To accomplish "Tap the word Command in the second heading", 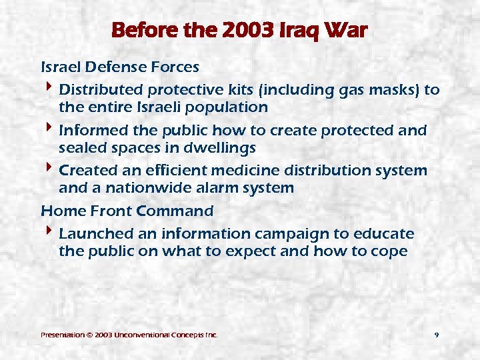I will pos(175,211).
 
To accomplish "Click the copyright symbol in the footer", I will pos(89,335).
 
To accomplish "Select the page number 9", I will pos(436,335).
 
